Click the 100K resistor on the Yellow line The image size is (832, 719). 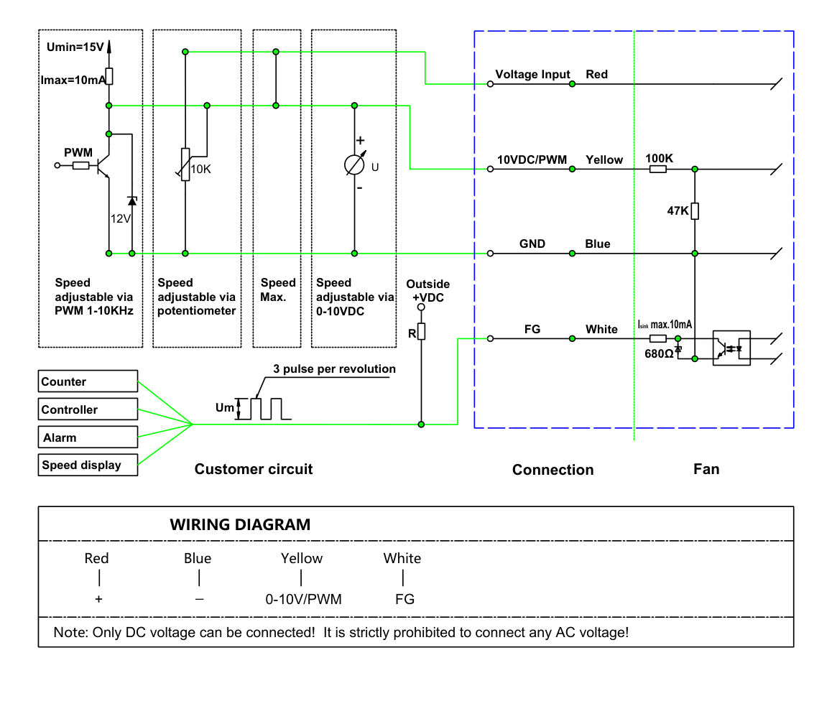tap(658, 170)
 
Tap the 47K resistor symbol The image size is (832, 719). tap(695, 210)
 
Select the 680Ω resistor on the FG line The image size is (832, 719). tap(658, 338)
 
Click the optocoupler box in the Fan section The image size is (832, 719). tap(731, 348)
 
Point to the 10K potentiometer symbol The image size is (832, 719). tap(185, 164)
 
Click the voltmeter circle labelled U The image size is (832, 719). tap(354, 164)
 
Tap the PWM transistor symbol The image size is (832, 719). tap(103, 165)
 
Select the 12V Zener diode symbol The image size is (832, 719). tap(132, 201)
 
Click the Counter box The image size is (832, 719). tap(88, 381)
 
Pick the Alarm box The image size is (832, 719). tap(88, 437)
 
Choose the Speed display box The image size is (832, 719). tap(88, 465)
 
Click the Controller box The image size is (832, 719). tap(88, 409)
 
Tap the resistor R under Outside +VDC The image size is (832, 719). tap(421, 332)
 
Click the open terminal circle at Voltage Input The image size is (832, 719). tap(490, 84)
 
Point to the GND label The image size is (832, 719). tap(532, 243)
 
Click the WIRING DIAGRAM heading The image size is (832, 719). tap(240, 524)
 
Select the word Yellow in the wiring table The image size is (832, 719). tap(301, 558)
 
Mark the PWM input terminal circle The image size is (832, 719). tap(57, 165)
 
